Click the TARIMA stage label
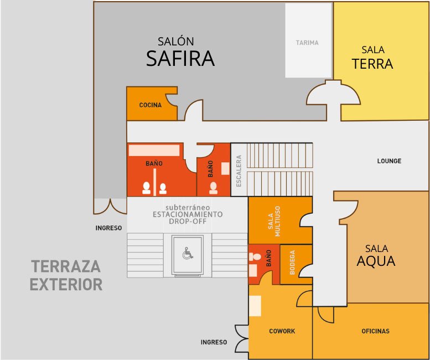(x=307, y=43)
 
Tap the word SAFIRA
(x=180, y=59)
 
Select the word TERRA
(x=372, y=64)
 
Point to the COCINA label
(x=151, y=105)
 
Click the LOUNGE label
(x=389, y=161)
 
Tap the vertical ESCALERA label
(x=239, y=171)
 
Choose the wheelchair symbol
(x=188, y=253)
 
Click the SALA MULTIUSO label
(x=274, y=221)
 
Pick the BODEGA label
(x=292, y=263)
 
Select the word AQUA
(x=376, y=261)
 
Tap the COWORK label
(x=282, y=331)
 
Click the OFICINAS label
(x=375, y=331)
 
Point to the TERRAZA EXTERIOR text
(x=66, y=275)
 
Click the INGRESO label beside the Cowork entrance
(x=214, y=342)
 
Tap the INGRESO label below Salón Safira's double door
(x=108, y=228)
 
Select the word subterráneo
(x=188, y=208)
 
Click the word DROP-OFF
(x=188, y=221)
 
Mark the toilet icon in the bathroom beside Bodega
(x=255, y=257)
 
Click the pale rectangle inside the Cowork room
(x=255, y=306)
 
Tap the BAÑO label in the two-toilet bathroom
(x=154, y=163)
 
